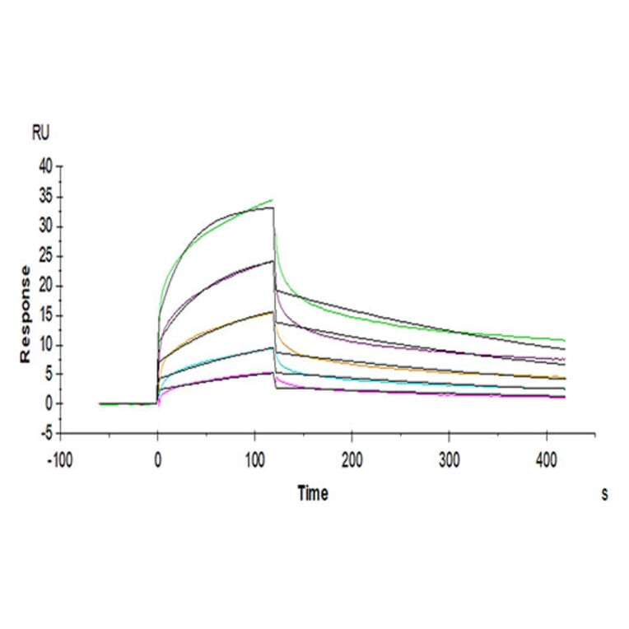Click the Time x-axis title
[x=312, y=493]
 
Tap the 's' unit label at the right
[x=604, y=494]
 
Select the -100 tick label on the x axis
[x=58, y=457]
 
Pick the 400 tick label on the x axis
[x=546, y=457]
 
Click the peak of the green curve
[x=272, y=200]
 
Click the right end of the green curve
[x=565, y=340]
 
